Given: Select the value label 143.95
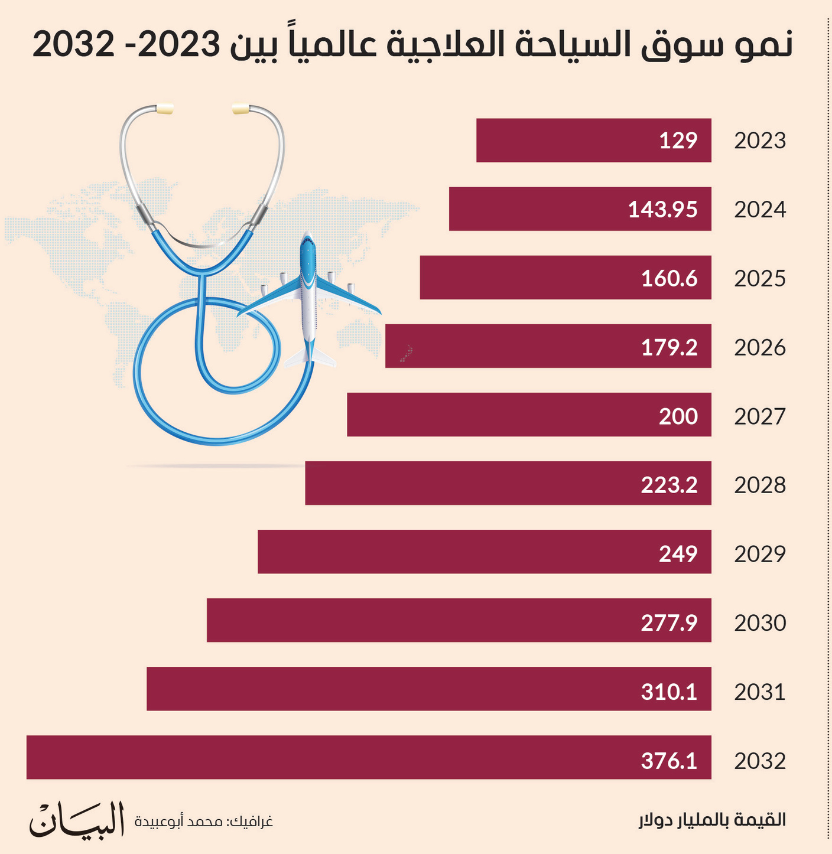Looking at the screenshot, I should [x=662, y=210].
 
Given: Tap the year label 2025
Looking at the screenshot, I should [x=760, y=278].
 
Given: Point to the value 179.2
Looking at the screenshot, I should [x=669, y=347].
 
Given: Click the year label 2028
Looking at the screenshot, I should [x=760, y=485].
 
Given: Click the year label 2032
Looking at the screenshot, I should [x=760, y=761].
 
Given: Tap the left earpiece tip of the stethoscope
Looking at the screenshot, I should [x=164, y=109].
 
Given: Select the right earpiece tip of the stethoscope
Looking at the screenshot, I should [x=241, y=109].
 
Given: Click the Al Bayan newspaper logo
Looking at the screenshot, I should [x=77, y=819].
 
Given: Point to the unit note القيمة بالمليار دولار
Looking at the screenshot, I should [x=712, y=820].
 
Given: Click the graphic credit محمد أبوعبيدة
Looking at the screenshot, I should [x=204, y=822].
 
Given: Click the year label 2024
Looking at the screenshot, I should [x=760, y=210].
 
